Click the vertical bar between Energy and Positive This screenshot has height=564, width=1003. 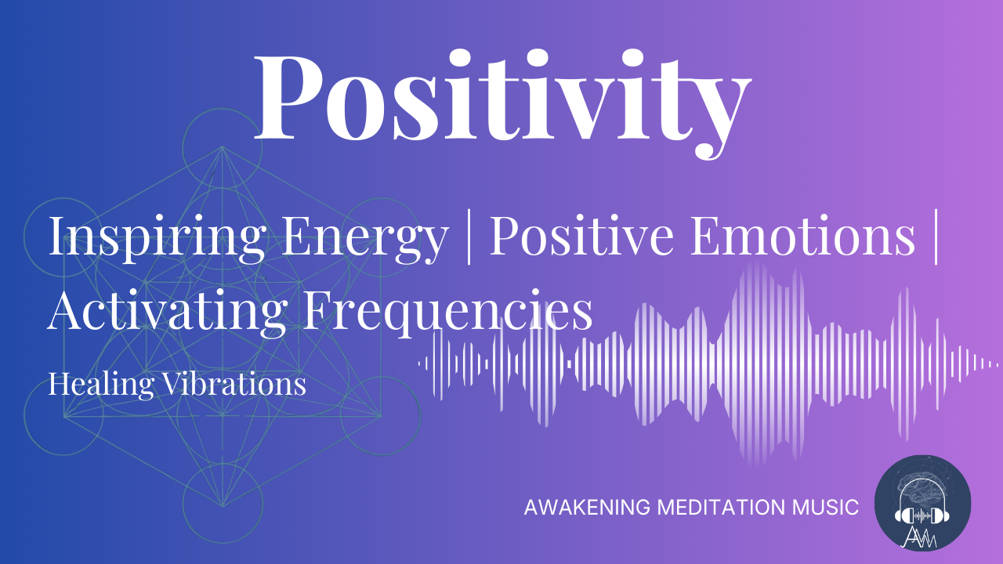(469, 237)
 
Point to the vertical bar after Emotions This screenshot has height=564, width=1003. (937, 237)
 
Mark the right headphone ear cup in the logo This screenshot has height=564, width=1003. (943, 516)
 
